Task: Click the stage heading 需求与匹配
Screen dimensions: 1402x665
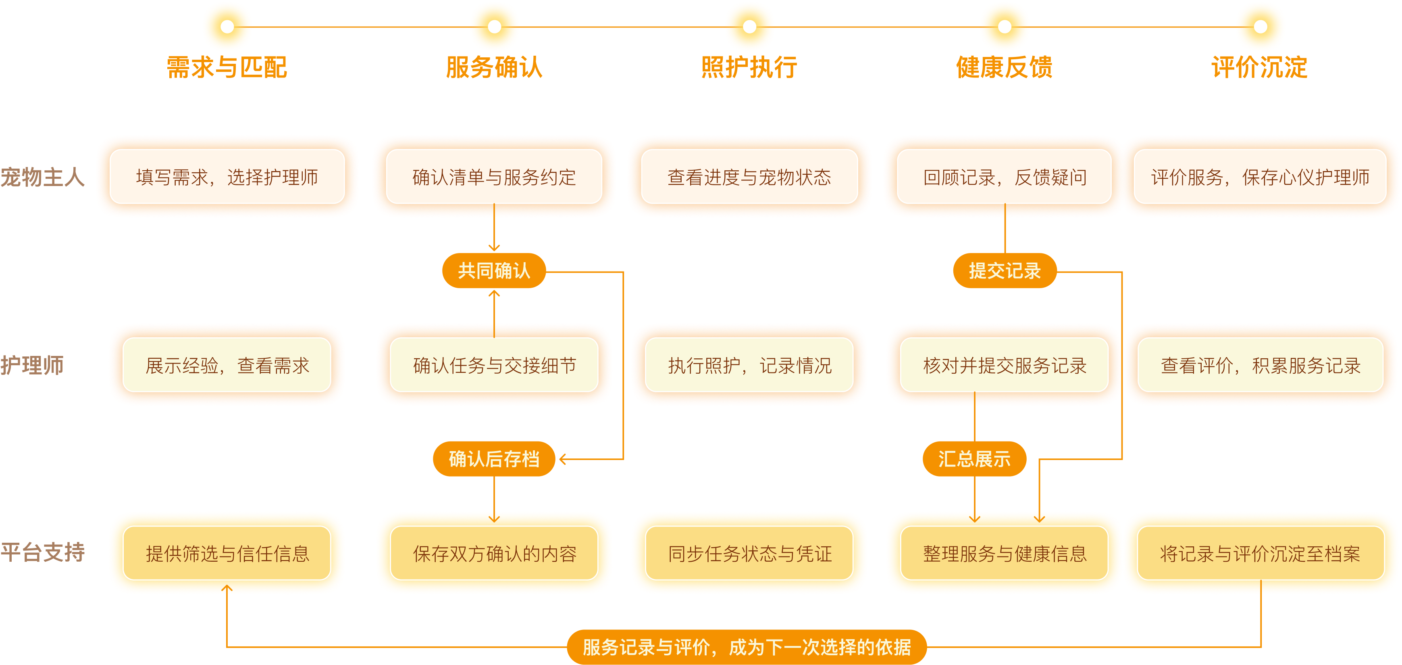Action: [x=227, y=67]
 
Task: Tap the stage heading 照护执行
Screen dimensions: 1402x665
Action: [x=749, y=67]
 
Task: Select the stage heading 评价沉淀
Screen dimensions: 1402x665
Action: [x=1259, y=67]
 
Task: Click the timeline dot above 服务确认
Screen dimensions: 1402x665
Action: [x=494, y=26]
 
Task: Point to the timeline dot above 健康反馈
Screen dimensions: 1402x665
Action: [x=1005, y=26]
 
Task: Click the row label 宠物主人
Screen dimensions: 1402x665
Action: [x=42, y=177]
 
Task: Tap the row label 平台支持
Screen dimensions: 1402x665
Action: [x=42, y=552]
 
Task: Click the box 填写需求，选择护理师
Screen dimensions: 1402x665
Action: [x=227, y=176]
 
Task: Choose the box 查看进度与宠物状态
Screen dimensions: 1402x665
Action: [x=749, y=176]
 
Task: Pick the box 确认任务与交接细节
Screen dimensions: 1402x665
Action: [x=494, y=364]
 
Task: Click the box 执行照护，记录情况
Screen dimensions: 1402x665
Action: [x=749, y=364]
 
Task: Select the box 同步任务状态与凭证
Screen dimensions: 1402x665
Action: [x=749, y=553]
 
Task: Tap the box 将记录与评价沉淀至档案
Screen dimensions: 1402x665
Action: [x=1261, y=553]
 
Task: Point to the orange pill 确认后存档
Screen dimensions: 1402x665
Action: [x=494, y=458]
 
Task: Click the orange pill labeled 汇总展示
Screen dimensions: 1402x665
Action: [x=974, y=458]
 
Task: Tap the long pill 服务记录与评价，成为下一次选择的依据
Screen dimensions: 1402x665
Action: [x=747, y=647]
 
